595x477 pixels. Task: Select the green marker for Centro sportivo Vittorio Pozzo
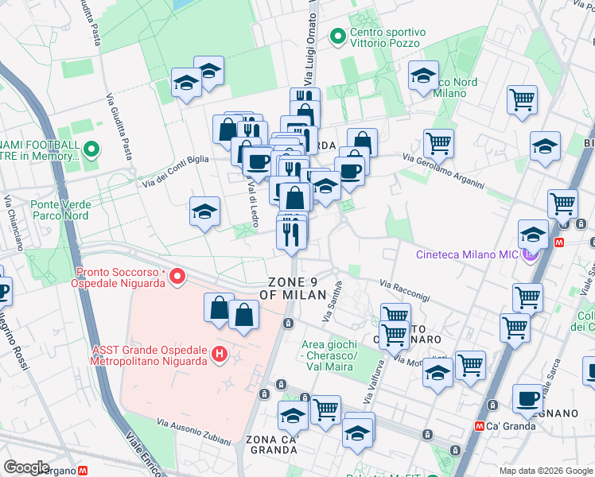click(x=337, y=37)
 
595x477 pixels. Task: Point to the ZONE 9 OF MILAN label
click(x=297, y=288)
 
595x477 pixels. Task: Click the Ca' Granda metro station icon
click(x=480, y=425)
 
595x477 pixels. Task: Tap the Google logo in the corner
click(x=26, y=467)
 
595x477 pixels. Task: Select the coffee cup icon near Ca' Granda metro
click(x=527, y=399)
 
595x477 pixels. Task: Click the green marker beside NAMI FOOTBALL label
click(x=91, y=149)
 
